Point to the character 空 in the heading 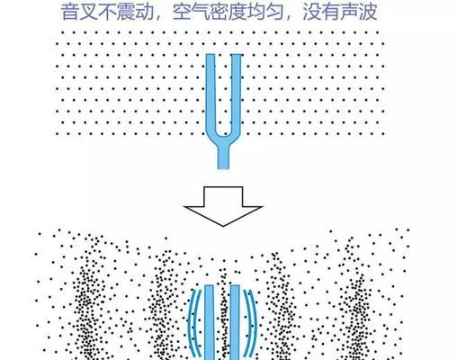(x=182, y=12)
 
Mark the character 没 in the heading (x=312, y=12)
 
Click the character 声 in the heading (x=349, y=12)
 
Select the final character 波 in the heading (x=368, y=12)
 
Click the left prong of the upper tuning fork (x=211, y=93)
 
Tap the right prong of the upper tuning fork (x=237, y=93)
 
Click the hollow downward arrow (x=223, y=207)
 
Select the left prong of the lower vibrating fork (x=209, y=322)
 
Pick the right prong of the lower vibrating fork (x=235, y=322)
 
